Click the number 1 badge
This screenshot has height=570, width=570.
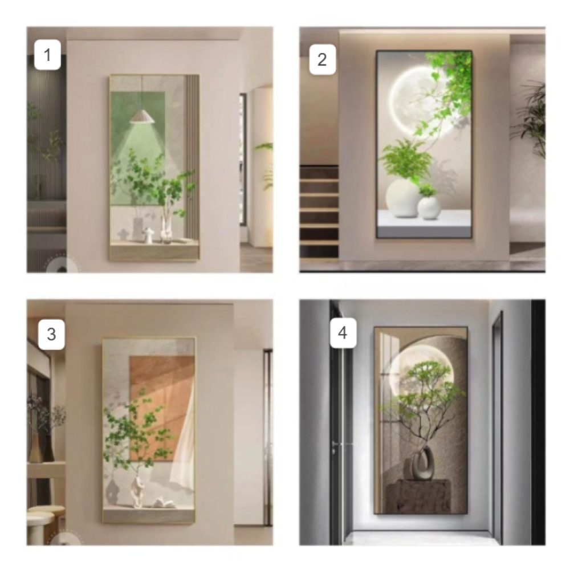click(47, 55)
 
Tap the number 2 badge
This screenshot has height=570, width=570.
click(322, 60)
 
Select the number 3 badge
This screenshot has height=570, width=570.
click(51, 335)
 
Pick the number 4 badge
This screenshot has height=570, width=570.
click(343, 333)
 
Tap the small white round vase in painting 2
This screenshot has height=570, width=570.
click(429, 208)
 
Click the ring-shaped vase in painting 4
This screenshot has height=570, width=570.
click(422, 463)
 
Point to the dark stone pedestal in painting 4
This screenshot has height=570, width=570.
click(418, 496)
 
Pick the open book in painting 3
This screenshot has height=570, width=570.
click(161, 504)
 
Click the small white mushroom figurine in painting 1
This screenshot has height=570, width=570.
click(148, 235)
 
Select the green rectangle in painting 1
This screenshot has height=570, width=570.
click(137, 149)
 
